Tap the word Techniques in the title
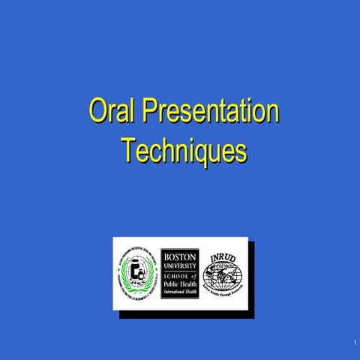click(x=184, y=150)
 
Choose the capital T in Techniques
click(x=127, y=150)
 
